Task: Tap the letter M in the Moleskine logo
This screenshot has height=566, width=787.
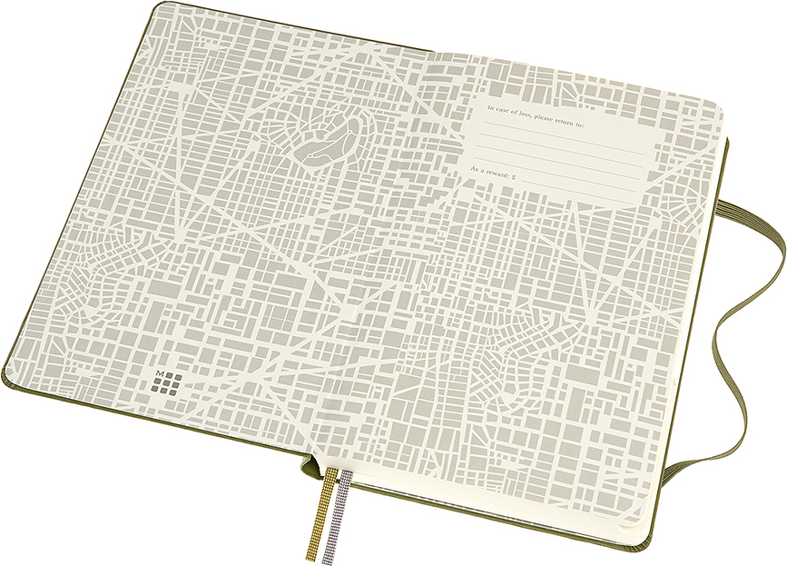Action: [160, 375]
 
